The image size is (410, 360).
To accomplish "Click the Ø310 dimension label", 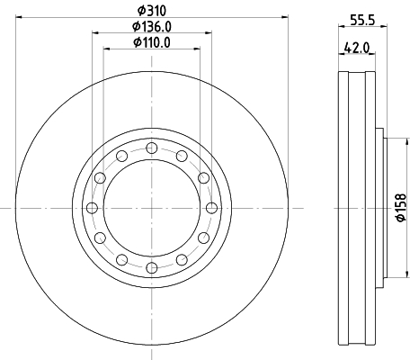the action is [x=152, y=11].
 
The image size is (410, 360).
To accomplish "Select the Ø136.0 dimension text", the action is [x=152, y=27].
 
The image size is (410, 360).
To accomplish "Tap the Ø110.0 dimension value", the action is [x=152, y=42].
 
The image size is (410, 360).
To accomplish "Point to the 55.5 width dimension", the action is [x=362, y=20].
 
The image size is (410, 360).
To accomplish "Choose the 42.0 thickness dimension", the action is [x=357, y=48].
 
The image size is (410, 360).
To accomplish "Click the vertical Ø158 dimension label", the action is [x=401, y=208].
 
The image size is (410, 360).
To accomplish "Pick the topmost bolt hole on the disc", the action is [x=152, y=148].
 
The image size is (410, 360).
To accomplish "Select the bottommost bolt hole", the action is [x=152, y=268].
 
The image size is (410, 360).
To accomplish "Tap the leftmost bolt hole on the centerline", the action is [x=92, y=208].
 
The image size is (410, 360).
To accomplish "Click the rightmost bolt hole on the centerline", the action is [x=212, y=208].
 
